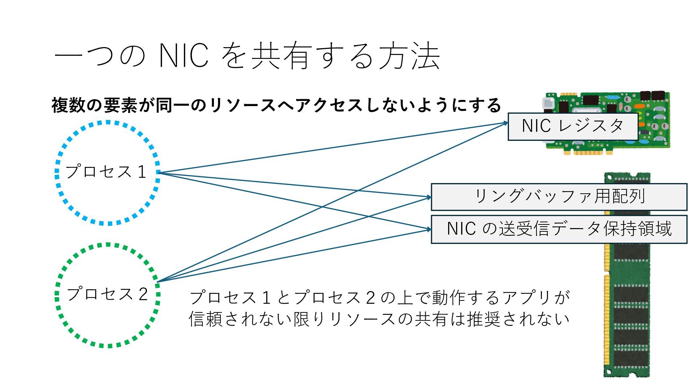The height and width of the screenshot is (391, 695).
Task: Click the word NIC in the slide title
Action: tap(184, 56)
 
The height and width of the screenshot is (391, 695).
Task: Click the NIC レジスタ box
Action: tap(573, 126)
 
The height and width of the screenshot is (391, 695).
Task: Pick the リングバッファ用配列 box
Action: tap(559, 197)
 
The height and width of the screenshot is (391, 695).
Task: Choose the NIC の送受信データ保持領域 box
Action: tap(559, 229)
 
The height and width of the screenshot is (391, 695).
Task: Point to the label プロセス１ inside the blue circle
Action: tap(106, 172)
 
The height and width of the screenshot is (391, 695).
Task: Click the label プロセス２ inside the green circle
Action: tap(108, 294)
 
